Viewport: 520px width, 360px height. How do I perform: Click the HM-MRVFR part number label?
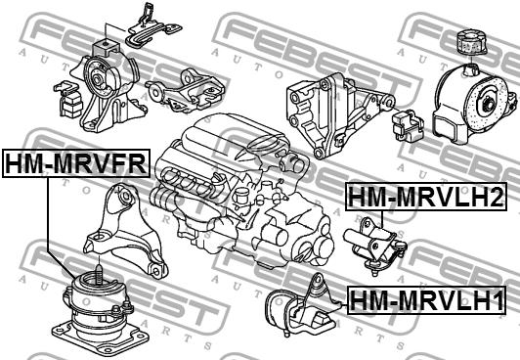click(x=76, y=163)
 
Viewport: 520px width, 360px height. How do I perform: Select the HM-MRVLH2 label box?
click(x=426, y=197)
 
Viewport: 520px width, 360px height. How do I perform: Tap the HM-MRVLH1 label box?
click(x=426, y=300)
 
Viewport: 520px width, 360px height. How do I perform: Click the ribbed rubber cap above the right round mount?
click(x=471, y=42)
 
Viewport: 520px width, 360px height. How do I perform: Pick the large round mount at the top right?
click(x=473, y=104)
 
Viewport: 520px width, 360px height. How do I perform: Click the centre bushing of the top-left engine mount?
click(x=98, y=80)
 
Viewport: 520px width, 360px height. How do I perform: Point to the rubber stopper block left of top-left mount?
click(x=68, y=99)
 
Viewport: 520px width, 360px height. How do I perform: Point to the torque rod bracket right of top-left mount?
click(x=186, y=90)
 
